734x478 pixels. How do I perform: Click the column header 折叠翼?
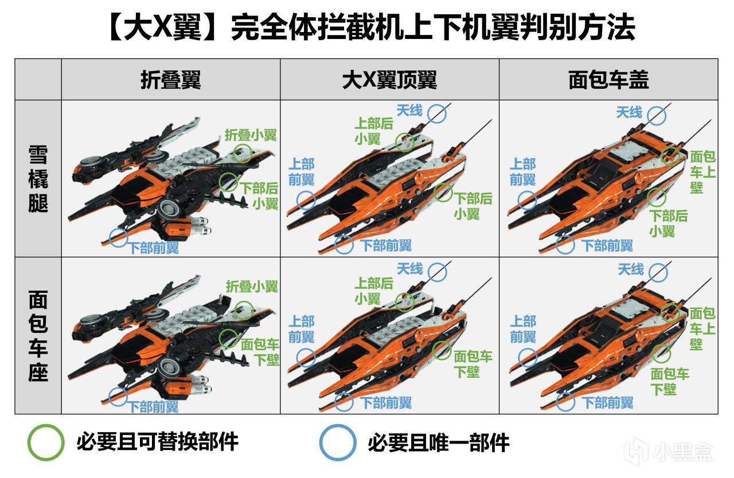171,80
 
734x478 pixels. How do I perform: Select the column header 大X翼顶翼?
389,80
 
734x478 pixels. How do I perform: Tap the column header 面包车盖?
608,80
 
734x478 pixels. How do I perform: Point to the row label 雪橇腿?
38,179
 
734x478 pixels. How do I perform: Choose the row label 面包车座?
38,336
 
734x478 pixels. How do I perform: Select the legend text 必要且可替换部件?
158,442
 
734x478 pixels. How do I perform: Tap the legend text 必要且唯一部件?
439,442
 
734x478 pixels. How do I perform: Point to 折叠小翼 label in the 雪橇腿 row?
251,135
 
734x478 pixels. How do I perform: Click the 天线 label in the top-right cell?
629,112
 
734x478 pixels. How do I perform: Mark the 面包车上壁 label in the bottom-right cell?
702,329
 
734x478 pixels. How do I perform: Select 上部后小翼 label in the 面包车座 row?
374,291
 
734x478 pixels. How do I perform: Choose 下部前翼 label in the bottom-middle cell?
386,403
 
